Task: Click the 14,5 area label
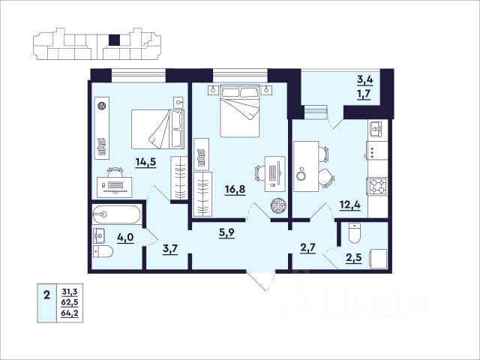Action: click(146, 162)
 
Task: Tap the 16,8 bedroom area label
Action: click(235, 190)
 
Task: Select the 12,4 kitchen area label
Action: click(350, 204)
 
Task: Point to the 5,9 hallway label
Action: click(226, 233)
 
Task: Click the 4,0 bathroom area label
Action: click(125, 238)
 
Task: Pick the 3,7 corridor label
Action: click(170, 249)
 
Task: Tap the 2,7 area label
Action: click(307, 247)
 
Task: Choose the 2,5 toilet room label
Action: click(354, 258)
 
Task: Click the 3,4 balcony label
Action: click(365, 80)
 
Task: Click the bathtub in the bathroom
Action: click(116, 214)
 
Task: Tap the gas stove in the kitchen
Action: click(376, 186)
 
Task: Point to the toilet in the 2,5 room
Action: click(355, 233)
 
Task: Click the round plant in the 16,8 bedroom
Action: click(278, 205)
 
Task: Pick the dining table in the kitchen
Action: click(306, 166)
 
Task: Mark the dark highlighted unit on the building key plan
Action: click(115, 40)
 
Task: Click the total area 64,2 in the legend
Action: click(70, 313)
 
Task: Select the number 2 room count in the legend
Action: click(46, 295)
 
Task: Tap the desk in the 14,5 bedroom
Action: click(115, 187)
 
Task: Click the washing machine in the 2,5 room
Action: click(379, 259)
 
